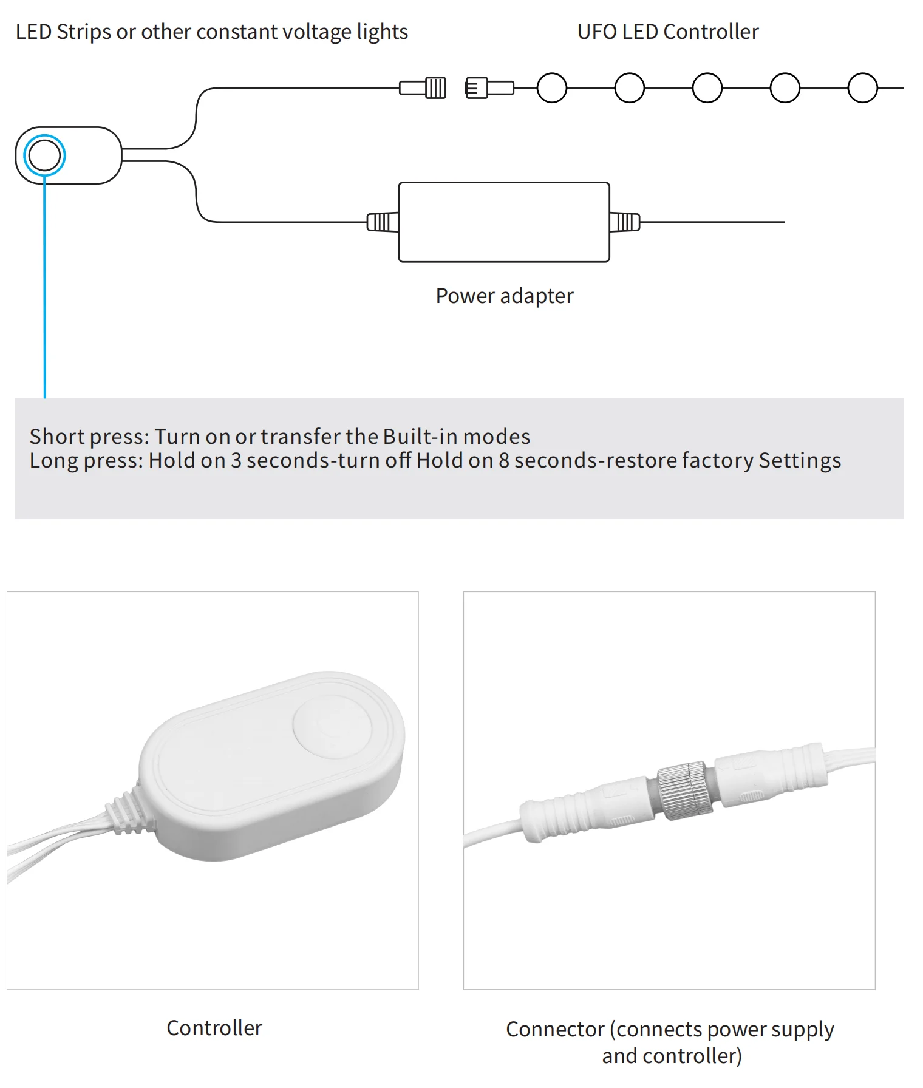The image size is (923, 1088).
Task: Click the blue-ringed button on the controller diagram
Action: click(44, 155)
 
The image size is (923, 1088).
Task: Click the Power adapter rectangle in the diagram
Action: click(503, 222)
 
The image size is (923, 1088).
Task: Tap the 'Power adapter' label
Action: click(504, 296)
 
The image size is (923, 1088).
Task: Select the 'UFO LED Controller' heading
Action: click(667, 32)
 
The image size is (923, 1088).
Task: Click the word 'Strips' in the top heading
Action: click(84, 32)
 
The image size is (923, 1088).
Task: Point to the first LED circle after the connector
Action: click(551, 88)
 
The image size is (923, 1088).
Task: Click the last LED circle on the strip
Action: click(862, 88)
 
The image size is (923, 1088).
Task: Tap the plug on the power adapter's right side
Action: click(624, 222)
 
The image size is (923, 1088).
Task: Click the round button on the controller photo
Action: click(332, 727)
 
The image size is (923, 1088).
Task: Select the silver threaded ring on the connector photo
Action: click(684, 790)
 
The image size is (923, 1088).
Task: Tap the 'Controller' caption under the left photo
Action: click(214, 1028)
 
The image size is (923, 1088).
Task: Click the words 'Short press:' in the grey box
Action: click(89, 437)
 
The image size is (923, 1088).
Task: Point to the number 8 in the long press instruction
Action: click(504, 460)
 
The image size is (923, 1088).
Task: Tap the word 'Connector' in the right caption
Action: click(555, 1029)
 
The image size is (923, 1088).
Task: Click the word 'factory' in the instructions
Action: click(717, 460)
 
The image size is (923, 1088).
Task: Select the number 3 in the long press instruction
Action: click(236, 460)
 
